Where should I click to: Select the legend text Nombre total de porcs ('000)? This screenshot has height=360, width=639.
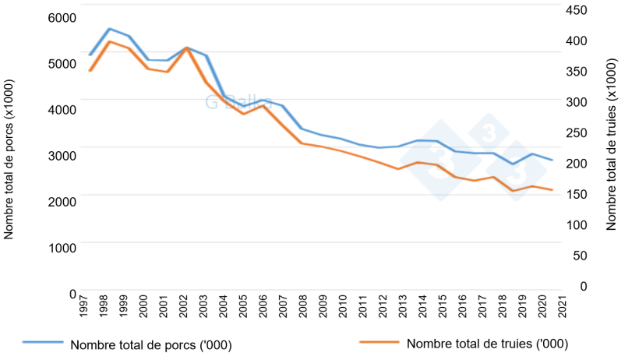pos(151,344)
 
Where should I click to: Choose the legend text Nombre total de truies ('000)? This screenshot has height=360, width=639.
pos(487,344)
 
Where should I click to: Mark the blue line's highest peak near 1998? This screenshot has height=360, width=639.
pos(109,29)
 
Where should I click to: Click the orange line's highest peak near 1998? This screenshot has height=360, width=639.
pos(109,41)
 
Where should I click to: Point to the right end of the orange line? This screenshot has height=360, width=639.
pos(553,190)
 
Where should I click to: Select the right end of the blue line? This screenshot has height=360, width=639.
pos(553,160)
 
